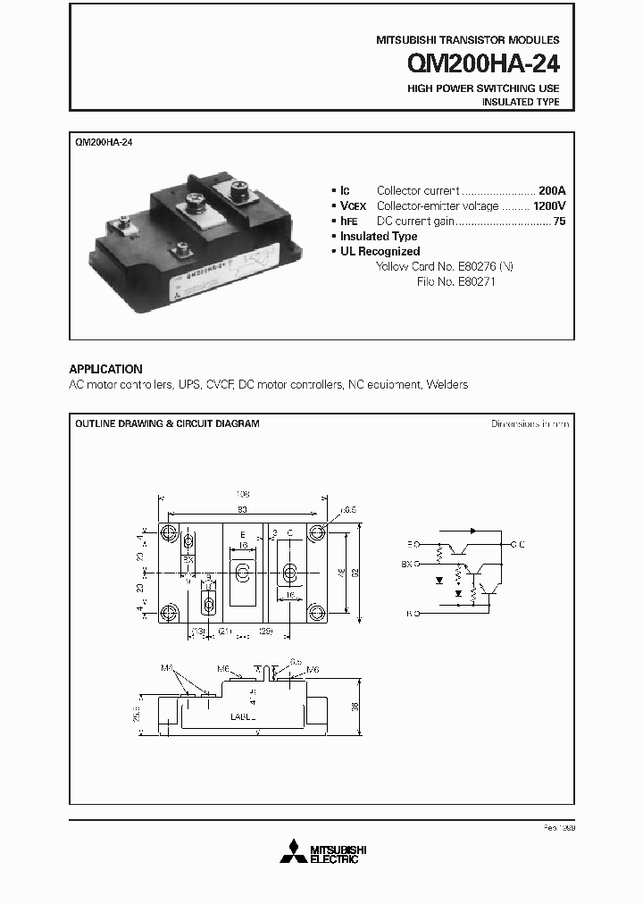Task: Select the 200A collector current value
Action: click(x=552, y=190)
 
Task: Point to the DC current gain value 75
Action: click(x=559, y=221)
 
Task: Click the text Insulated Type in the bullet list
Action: click(x=379, y=236)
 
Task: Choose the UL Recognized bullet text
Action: click(x=380, y=251)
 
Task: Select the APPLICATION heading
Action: click(x=105, y=369)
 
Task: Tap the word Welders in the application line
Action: click(x=447, y=385)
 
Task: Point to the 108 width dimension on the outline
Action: click(x=242, y=493)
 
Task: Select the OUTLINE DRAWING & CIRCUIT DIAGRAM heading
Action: click(x=167, y=423)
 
